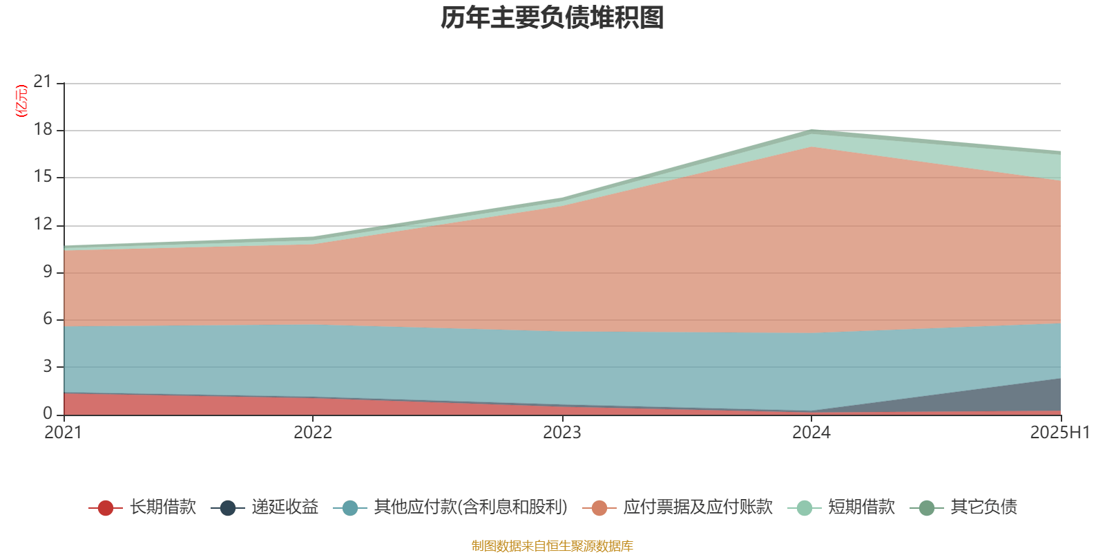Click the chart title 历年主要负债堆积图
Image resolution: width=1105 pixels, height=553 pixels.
point(552,18)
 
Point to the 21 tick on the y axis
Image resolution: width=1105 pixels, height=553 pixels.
point(43,82)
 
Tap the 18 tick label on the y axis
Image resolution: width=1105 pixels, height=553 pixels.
point(43,130)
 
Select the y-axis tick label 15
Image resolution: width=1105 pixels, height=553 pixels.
point(43,177)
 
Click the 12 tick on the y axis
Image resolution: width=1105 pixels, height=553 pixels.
point(43,225)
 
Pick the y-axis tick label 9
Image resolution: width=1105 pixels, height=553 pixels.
point(48,272)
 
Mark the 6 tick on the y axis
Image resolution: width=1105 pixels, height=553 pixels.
point(48,319)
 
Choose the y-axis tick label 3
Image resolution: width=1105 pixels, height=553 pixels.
point(48,366)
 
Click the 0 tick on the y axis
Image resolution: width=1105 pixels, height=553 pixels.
point(48,413)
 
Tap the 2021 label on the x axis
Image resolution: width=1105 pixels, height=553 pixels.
point(63,433)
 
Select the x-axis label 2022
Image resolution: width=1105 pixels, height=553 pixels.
point(313,433)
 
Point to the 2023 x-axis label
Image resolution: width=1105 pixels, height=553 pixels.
point(562,433)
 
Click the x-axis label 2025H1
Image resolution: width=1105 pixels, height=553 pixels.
point(1059,433)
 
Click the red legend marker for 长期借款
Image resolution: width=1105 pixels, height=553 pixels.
point(105,508)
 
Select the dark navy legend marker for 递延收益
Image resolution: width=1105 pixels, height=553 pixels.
point(228,508)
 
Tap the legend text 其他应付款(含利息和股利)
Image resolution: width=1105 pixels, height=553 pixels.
point(470,507)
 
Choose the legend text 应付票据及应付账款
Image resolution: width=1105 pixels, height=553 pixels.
point(698,507)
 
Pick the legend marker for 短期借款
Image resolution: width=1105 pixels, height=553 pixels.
point(804,508)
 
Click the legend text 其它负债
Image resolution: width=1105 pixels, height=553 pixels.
point(983,507)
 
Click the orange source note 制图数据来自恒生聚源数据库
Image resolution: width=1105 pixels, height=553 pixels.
point(552,546)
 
